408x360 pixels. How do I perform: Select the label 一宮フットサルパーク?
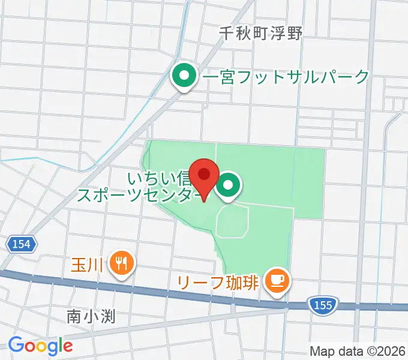286,77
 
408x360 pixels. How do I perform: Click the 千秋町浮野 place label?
260,33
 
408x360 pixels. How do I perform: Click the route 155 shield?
322,305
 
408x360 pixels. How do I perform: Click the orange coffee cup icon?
277,280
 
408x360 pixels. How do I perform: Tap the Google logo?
40,345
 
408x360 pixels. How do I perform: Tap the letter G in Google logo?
16,345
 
